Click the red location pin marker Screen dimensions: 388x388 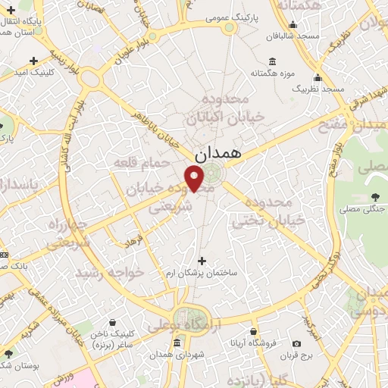[195, 177]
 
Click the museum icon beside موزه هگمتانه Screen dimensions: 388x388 [271, 61]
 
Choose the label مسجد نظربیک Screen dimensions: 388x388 [318, 89]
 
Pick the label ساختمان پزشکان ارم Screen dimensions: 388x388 [201, 273]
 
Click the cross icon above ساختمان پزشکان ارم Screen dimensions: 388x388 [201, 260]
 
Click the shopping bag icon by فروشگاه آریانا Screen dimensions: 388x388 [253, 332]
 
